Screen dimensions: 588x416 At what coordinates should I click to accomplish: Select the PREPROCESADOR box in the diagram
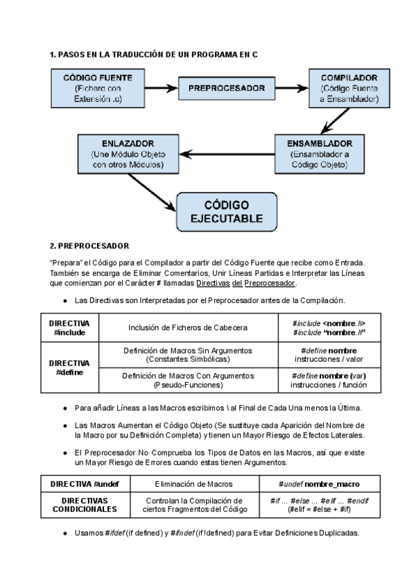click(226, 88)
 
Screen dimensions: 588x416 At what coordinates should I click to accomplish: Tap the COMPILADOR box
click(349, 89)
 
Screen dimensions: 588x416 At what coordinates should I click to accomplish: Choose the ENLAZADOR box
click(127, 154)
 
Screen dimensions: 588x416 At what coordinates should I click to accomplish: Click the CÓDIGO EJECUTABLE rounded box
click(227, 211)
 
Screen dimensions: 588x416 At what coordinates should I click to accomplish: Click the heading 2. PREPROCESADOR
click(89, 245)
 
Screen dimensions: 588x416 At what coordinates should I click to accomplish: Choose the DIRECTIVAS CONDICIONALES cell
click(80, 504)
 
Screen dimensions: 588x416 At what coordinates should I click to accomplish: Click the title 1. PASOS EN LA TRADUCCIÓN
click(154, 54)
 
